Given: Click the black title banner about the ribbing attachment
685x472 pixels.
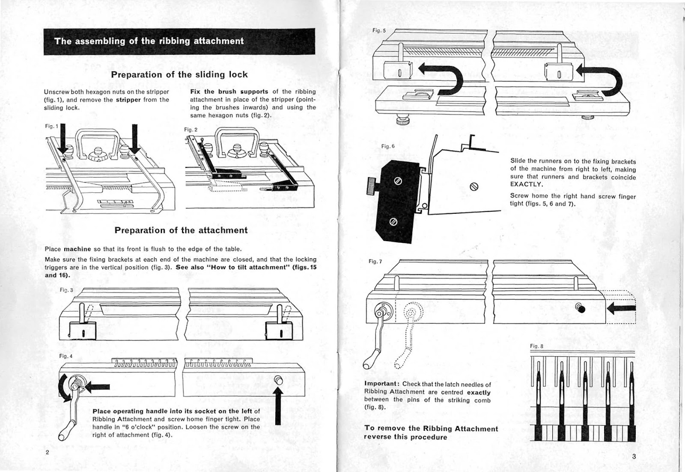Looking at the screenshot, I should [179, 41].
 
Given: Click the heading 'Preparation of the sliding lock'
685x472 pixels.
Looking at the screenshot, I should [179, 74].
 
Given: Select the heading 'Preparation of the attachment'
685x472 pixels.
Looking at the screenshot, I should [181, 230].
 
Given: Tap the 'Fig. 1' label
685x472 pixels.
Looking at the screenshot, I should [51, 126].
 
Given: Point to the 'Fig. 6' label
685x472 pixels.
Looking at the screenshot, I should [388, 146].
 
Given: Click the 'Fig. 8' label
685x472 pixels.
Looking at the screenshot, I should [536, 346].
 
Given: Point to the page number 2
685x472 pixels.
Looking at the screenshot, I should [48, 452].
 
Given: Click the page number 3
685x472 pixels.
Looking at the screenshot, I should [634, 456].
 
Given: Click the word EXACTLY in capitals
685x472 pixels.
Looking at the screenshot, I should [527, 185].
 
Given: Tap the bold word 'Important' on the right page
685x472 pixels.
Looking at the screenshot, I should [382, 384].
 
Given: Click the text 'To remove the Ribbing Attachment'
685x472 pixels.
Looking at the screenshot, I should [431, 428].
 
